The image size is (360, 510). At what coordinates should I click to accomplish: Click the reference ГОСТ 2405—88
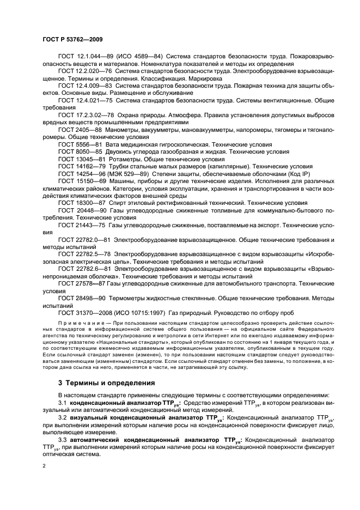[79, 130]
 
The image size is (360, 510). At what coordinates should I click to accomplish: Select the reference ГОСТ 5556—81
[79, 144]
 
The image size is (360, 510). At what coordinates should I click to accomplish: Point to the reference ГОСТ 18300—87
[81, 202]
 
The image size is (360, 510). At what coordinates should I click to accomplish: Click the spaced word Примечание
[76, 324]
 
